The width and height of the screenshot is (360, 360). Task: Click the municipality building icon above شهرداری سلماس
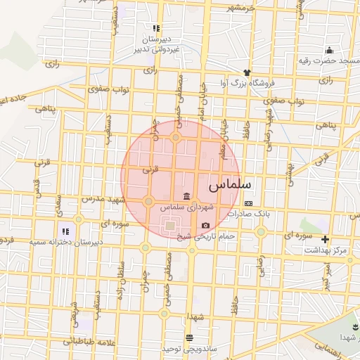[x=186, y=195]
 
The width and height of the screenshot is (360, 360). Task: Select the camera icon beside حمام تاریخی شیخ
[x=205, y=225]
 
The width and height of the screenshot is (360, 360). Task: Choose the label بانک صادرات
[x=253, y=213]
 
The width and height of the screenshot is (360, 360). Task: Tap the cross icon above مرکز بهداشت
[x=325, y=239]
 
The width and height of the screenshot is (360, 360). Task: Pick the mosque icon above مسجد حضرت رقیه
[x=329, y=50]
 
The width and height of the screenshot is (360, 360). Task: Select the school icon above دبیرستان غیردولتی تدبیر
[x=156, y=29]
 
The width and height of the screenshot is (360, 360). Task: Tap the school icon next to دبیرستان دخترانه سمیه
[x=65, y=231]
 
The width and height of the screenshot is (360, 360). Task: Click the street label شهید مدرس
[x=103, y=199]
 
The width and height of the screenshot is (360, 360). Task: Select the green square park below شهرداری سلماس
[x=169, y=225]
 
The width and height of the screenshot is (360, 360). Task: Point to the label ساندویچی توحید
[x=181, y=349]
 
